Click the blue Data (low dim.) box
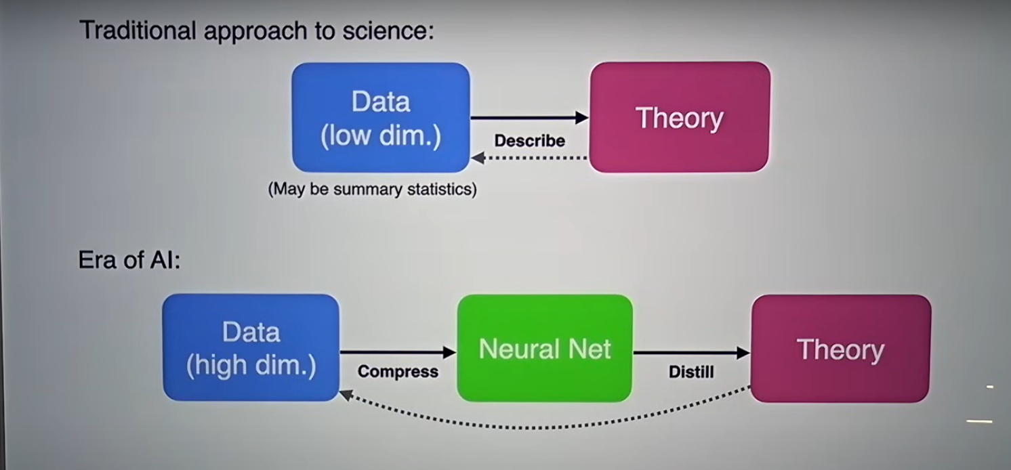381,118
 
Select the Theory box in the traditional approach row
680,117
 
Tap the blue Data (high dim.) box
251,347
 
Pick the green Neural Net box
545,348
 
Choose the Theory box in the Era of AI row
841,349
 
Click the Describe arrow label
529,141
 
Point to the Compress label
398,372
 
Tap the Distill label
691,372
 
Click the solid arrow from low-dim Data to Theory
529,118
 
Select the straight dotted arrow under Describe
529,158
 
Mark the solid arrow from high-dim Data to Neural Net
398,352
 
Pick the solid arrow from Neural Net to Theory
692,353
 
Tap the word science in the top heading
388,30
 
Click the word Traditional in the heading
138,30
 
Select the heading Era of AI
129,260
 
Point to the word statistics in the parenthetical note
442,189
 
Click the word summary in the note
367,190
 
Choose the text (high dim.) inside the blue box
251,365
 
